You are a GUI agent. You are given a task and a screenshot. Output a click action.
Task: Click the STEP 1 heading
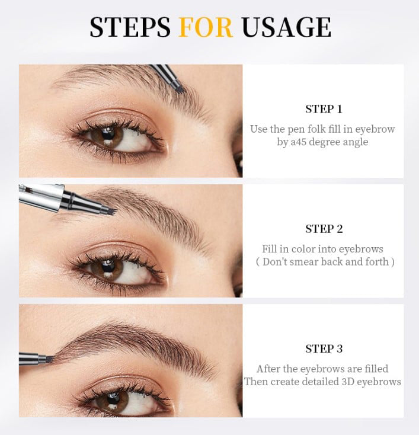pos(324,109)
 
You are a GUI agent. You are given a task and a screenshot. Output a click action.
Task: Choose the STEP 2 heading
pos(324,229)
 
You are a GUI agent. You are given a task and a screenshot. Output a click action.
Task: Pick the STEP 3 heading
pos(324,348)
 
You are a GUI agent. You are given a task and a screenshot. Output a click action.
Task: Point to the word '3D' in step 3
pos(350,382)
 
